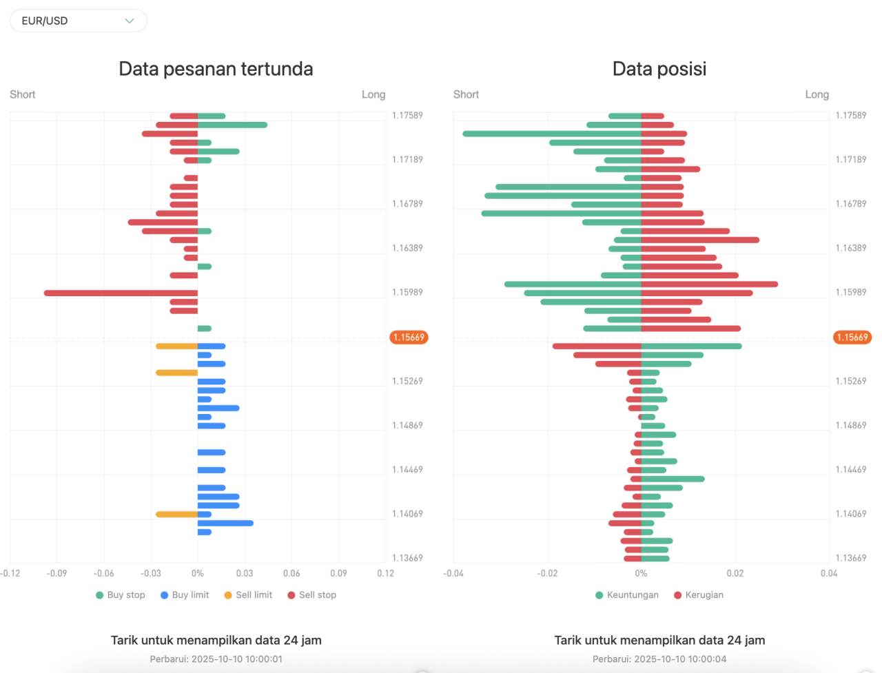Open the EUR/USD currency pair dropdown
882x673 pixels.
(78, 21)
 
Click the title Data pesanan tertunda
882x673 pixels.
(216, 69)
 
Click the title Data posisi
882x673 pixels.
(659, 69)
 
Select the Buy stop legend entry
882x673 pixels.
(121, 595)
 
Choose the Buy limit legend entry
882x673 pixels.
(185, 595)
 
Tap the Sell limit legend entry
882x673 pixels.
(248, 595)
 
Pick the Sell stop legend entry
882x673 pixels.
(312, 595)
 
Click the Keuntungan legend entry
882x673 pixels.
(627, 595)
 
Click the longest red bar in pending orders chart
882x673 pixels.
(121, 293)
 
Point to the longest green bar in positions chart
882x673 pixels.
(551, 134)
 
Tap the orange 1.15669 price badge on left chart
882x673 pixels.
(409, 338)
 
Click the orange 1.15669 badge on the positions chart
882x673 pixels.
(852, 338)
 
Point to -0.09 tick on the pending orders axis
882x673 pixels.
(57, 573)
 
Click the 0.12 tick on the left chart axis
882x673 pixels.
(385, 573)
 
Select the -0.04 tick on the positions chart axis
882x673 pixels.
(453, 573)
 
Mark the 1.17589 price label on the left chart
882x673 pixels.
(407, 116)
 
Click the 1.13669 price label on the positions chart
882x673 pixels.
(851, 558)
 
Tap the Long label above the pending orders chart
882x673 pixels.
(373, 94)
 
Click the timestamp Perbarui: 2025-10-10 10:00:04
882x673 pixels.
(659, 659)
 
